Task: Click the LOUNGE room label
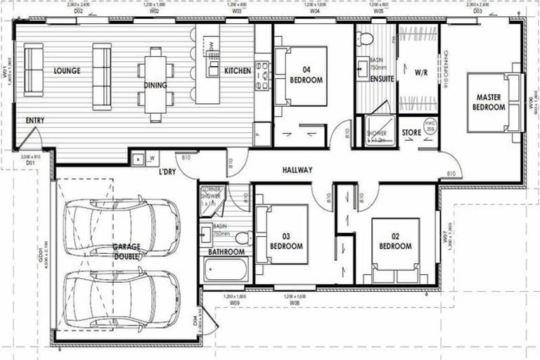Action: tap(67, 71)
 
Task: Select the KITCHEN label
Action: tap(238, 71)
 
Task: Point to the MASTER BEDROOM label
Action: tap(490, 102)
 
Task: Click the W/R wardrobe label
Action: tap(421, 72)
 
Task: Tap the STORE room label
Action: tap(411, 132)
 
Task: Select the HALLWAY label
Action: tap(297, 169)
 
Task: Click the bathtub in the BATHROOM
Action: tap(224, 271)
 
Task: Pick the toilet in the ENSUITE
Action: tap(364, 40)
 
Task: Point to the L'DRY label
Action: tap(167, 172)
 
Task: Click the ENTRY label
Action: tap(35, 120)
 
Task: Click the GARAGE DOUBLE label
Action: tap(127, 252)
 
